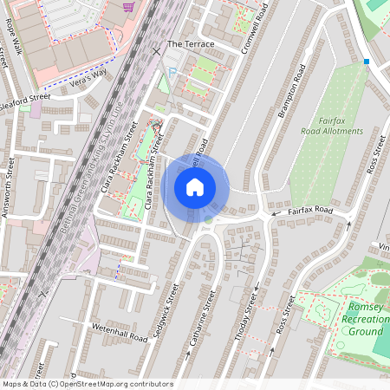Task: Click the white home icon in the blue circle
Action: (195, 187)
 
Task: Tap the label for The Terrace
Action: (186, 43)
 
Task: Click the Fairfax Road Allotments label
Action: (332, 126)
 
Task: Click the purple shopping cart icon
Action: (129, 7)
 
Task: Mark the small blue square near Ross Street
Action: (367, 62)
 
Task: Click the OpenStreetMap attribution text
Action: (87, 384)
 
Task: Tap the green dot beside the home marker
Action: (208, 219)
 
